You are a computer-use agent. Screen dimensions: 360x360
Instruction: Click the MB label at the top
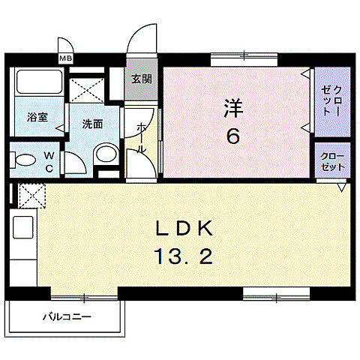tap(66, 56)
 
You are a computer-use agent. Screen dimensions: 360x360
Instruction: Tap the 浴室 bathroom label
tap(37, 117)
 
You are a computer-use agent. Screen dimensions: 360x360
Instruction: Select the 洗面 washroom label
tap(92, 124)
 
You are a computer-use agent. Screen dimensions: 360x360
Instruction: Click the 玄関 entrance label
tap(140, 79)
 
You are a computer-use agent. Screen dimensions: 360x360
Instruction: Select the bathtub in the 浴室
tap(37, 85)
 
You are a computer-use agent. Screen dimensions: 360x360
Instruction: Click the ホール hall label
tap(140, 139)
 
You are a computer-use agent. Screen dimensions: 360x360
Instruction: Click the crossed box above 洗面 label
tap(88, 92)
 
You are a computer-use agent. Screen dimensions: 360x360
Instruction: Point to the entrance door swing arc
tap(138, 41)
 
